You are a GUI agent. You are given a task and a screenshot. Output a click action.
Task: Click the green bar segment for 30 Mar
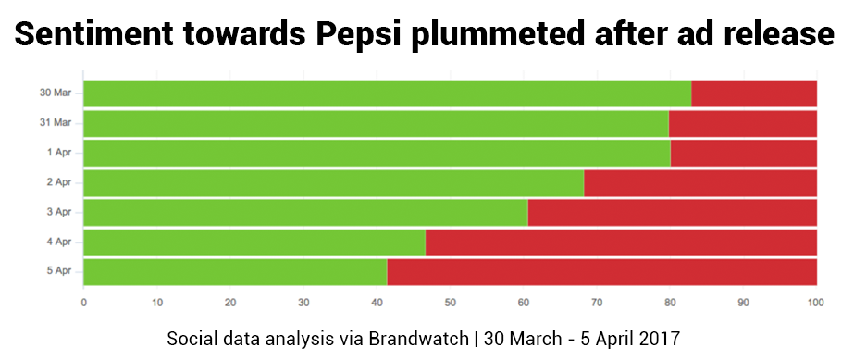click(x=388, y=93)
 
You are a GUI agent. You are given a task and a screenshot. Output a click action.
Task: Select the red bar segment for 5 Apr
click(x=601, y=272)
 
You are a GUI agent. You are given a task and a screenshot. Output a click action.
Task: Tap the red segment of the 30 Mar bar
click(x=754, y=93)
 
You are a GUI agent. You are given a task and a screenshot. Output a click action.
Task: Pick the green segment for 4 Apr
click(x=254, y=242)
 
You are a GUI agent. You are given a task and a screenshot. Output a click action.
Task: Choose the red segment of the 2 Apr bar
click(x=700, y=183)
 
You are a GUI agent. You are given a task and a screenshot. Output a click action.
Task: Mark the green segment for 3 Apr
click(x=306, y=213)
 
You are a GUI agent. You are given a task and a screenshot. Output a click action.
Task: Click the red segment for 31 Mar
click(x=743, y=124)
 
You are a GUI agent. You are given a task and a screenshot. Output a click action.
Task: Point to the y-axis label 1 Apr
click(x=59, y=153)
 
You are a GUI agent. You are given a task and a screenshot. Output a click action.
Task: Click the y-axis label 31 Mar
click(x=56, y=122)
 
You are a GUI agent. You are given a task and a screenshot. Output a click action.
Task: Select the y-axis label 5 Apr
click(x=59, y=271)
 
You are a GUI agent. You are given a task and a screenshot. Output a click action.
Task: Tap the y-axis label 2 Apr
click(x=59, y=182)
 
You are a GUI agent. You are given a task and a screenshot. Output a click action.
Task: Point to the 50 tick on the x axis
click(x=450, y=303)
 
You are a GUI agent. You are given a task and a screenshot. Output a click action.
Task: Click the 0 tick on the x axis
click(x=83, y=303)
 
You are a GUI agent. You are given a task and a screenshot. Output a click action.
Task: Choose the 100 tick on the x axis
click(x=816, y=303)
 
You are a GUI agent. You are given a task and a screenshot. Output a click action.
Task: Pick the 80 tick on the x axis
click(x=670, y=303)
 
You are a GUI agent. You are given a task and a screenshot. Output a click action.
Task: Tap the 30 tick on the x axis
click(x=303, y=303)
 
